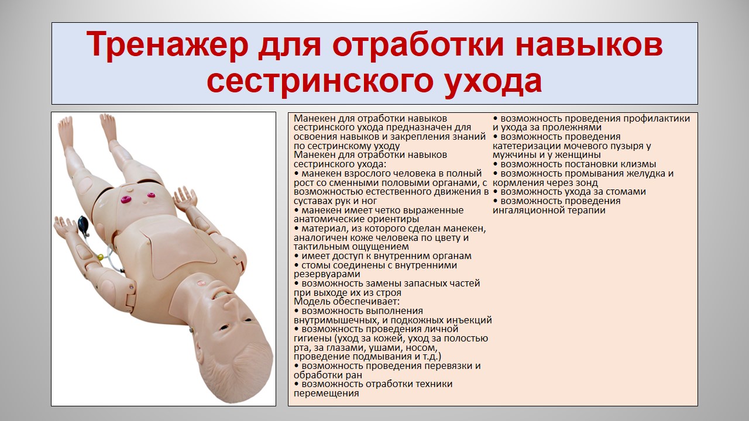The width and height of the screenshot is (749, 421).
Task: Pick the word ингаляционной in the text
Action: (528, 210)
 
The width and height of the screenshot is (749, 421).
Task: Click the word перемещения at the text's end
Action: (327, 394)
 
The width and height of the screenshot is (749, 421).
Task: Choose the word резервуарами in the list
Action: (327, 274)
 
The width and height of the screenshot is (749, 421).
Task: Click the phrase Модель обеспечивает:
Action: (347, 301)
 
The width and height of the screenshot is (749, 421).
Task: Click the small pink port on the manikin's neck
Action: (201, 283)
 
